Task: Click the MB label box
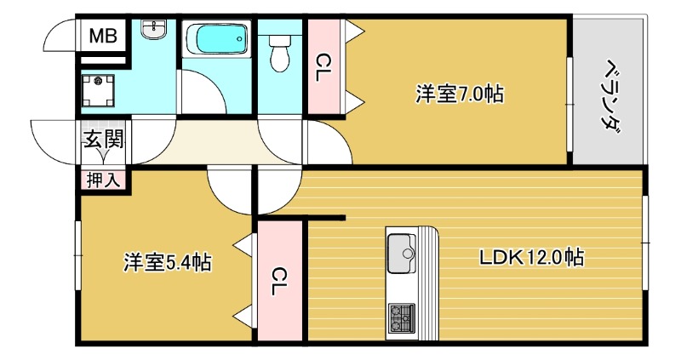click(x=104, y=37)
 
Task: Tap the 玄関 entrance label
click(x=103, y=139)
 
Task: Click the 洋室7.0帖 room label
click(x=459, y=94)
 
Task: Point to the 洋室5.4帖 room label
click(x=167, y=262)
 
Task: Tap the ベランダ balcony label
click(x=609, y=94)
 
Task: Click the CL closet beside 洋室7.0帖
click(x=323, y=68)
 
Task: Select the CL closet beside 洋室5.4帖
click(x=280, y=281)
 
